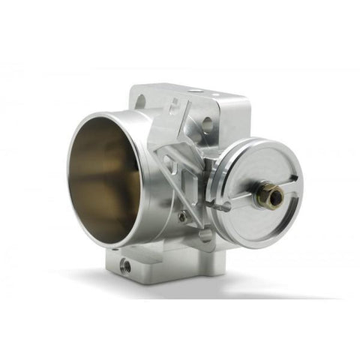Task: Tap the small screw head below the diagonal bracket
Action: pyautogui.click(x=182, y=217)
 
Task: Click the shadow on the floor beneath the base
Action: pyautogui.click(x=172, y=289)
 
